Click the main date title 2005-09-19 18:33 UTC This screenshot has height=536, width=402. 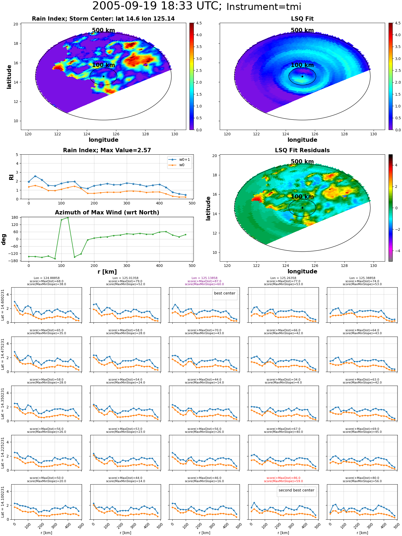(157, 6)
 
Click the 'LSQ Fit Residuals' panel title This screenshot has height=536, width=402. (302, 150)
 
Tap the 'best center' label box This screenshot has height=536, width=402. (225, 293)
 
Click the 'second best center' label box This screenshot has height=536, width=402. (296, 490)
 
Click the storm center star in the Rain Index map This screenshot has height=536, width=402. (103, 76)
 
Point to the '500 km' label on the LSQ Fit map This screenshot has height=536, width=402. (302, 30)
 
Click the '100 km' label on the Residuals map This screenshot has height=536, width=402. (302, 197)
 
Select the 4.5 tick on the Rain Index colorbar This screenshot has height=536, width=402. (199, 23)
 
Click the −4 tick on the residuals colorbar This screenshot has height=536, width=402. (396, 251)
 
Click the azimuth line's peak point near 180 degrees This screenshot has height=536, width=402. (68, 218)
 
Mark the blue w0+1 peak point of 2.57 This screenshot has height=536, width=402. (35, 176)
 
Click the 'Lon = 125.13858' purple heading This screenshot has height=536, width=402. (204, 278)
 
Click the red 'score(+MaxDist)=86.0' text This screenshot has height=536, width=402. (283, 478)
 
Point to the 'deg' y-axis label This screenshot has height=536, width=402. (4, 239)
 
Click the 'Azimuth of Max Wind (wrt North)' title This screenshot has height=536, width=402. (107, 213)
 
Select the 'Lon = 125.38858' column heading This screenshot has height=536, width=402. (362, 278)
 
